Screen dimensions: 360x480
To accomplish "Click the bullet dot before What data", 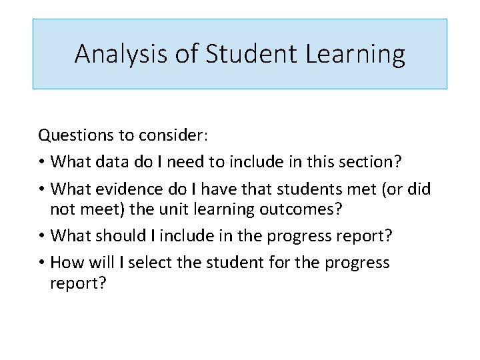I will pyautogui.click(x=42, y=163).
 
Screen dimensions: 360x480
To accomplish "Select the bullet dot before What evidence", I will pyautogui.click(x=42, y=189).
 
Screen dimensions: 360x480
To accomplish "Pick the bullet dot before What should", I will pyautogui.click(x=42, y=236).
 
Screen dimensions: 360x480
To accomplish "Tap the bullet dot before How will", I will pyautogui.click(x=42, y=263).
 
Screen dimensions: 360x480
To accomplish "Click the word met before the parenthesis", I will pyautogui.click(x=359, y=189).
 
